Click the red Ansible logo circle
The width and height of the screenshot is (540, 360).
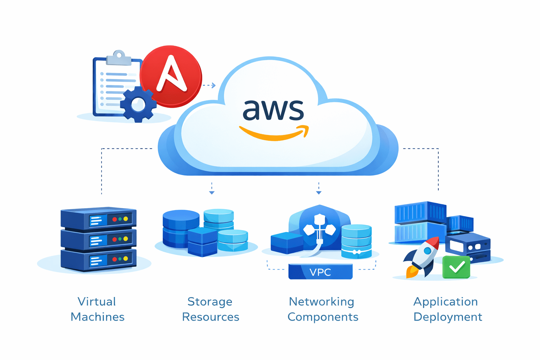[171, 76]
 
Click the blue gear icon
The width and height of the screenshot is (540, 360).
[138, 104]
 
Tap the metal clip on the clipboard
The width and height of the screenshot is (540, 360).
[119, 58]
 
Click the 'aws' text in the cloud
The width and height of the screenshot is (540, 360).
[273, 110]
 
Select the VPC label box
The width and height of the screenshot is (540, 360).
[320, 272]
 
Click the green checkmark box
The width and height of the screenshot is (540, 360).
[456, 267]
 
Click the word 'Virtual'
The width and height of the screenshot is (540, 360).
[97, 302]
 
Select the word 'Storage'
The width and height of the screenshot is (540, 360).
[210, 302]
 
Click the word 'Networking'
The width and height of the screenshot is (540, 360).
[322, 302]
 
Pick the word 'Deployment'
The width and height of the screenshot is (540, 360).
[448, 317]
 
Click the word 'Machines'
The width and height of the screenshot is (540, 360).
[97, 317]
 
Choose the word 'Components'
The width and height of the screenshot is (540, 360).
[323, 317]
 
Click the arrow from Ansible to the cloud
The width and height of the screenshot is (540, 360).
[210, 85]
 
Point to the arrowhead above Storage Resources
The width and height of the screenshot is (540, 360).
[212, 192]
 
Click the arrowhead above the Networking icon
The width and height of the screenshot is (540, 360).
[319, 192]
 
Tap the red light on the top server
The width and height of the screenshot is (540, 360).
[115, 219]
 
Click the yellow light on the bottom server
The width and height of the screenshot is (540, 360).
[126, 259]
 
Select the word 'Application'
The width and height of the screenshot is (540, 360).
[445, 302]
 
